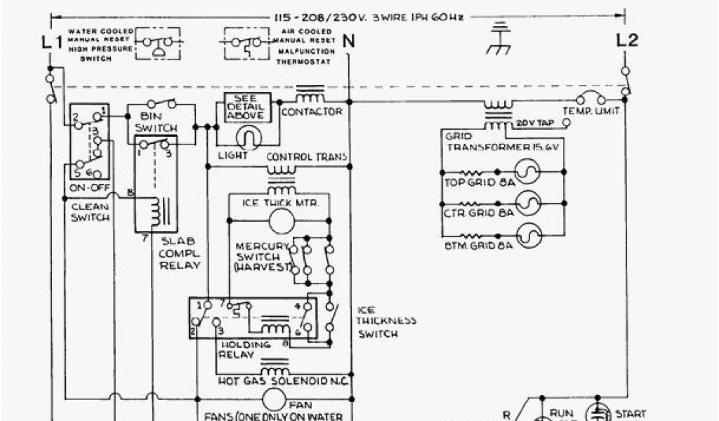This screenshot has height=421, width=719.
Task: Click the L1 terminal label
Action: [52, 42]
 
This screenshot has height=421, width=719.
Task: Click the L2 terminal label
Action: [627, 40]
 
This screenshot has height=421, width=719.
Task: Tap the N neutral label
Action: [349, 41]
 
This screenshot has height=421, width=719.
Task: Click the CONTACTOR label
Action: [311, 112]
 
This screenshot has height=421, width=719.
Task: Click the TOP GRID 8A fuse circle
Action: [528, 171]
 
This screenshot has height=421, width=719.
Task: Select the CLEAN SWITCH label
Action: [90, 212]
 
